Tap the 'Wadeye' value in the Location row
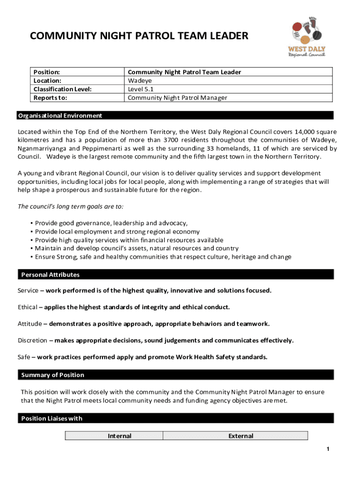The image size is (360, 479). point(139,80)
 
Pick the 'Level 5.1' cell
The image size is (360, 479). point(141,89)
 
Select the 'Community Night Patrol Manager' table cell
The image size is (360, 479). point(177,97)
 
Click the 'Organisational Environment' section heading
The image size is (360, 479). point(59,116)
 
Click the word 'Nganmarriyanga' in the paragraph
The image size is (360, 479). point(41,148)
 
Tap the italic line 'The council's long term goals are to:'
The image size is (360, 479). point(71,206)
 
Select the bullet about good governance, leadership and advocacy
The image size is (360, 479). point(111,223)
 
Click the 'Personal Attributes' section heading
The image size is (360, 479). point(50,275)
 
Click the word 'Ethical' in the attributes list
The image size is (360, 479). point(28,307)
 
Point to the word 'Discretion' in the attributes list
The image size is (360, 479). point(32,340)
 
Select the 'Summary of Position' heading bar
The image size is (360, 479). point(53,375)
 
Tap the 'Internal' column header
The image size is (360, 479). point(119,436)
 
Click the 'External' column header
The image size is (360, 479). point(240,436)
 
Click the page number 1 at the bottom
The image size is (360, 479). point(328,450)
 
